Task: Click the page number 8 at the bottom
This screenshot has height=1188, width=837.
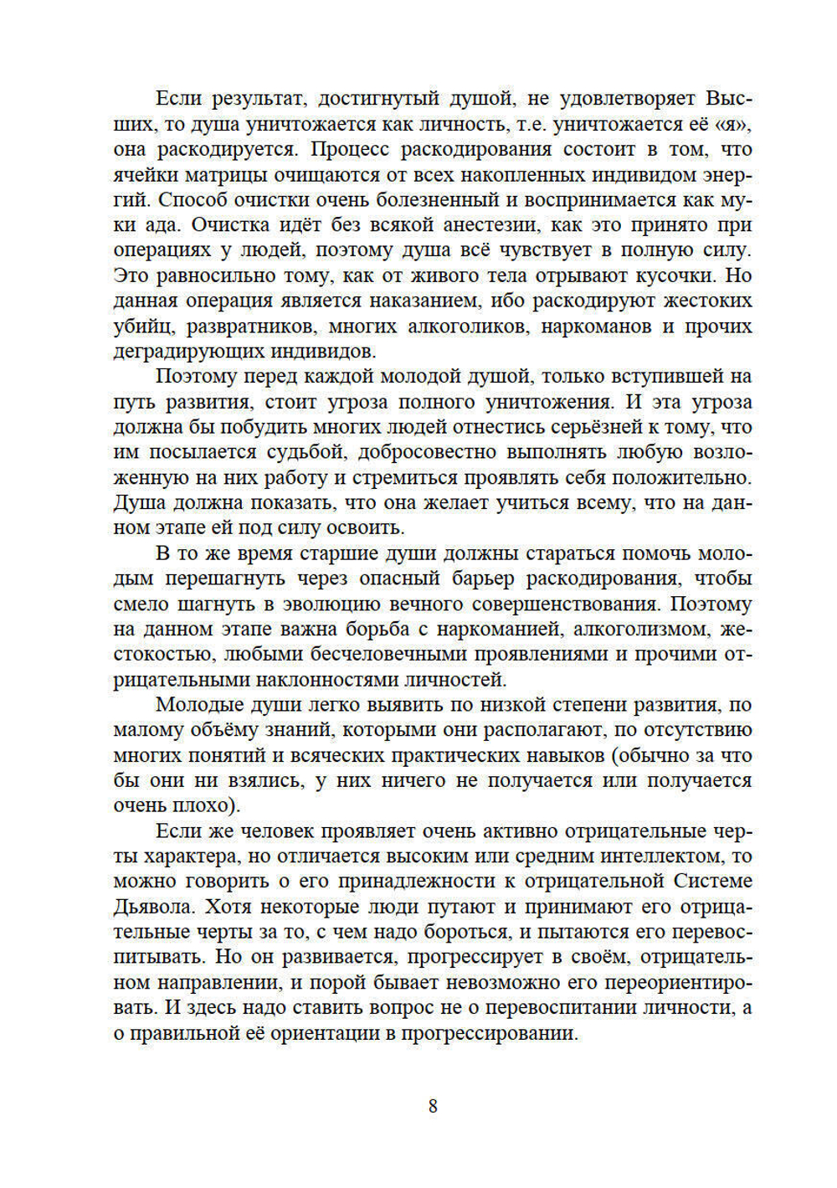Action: pyautogui.click(x=433, y=1106)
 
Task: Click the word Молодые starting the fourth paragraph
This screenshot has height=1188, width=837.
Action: pyautogui.click(x=195, y=705)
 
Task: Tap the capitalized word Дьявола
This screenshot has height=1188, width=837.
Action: pyautogui.click(x=156, y=907)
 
